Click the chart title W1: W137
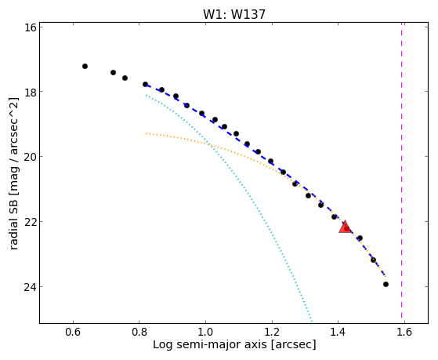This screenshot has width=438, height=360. (233, 14)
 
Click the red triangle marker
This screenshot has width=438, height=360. (345, 227)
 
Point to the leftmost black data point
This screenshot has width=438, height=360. (85, 67)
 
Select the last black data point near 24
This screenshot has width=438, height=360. (386, 285)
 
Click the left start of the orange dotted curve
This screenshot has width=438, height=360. (146, 133)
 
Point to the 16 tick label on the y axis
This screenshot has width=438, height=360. (30, 27)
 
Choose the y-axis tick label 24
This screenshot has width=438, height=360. (30, 287)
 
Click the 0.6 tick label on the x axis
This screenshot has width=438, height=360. (73, 333)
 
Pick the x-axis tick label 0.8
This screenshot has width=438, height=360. (139, 333)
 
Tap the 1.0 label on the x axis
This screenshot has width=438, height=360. (205, 333)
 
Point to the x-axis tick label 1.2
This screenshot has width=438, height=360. (272, 333)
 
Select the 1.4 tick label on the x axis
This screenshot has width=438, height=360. (338, 333)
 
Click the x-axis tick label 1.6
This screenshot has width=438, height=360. (404, 333)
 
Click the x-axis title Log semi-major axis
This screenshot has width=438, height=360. (210, 345)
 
